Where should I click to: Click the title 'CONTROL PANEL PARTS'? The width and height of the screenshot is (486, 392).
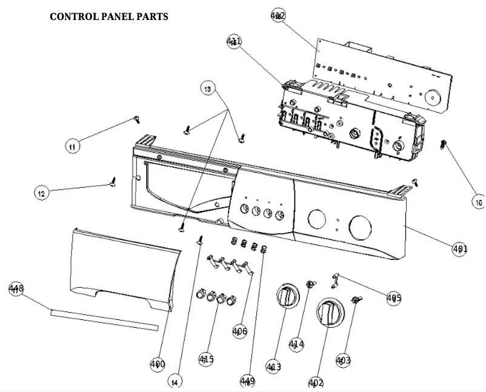pos(108,16)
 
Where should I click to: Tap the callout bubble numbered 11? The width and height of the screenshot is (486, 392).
pos(73,146)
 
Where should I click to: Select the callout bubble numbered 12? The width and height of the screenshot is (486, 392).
pos(41,194)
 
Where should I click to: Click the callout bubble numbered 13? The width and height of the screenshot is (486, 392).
pos(208,89)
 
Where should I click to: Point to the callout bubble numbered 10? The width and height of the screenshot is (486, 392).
pos(478,202)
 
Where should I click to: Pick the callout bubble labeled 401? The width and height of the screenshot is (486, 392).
pos(459,249)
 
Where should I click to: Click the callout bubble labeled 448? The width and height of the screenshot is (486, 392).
pos(16,289)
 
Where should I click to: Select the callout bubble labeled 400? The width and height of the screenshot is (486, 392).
pos(158,364)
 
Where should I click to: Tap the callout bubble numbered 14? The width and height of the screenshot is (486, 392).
pos(175,382)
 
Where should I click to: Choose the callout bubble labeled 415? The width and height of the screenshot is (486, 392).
pos(206,359)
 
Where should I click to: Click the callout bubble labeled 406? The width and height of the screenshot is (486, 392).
pos(240,330)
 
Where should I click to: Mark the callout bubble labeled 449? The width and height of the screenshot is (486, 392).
pos(247,381)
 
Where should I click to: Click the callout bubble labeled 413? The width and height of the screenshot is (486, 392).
pos(273,367)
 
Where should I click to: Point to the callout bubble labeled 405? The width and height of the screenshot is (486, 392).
pos(394,298)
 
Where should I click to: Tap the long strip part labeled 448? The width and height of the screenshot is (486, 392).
pos(103,319)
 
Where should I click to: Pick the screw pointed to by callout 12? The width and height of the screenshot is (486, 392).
pos(113,181)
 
